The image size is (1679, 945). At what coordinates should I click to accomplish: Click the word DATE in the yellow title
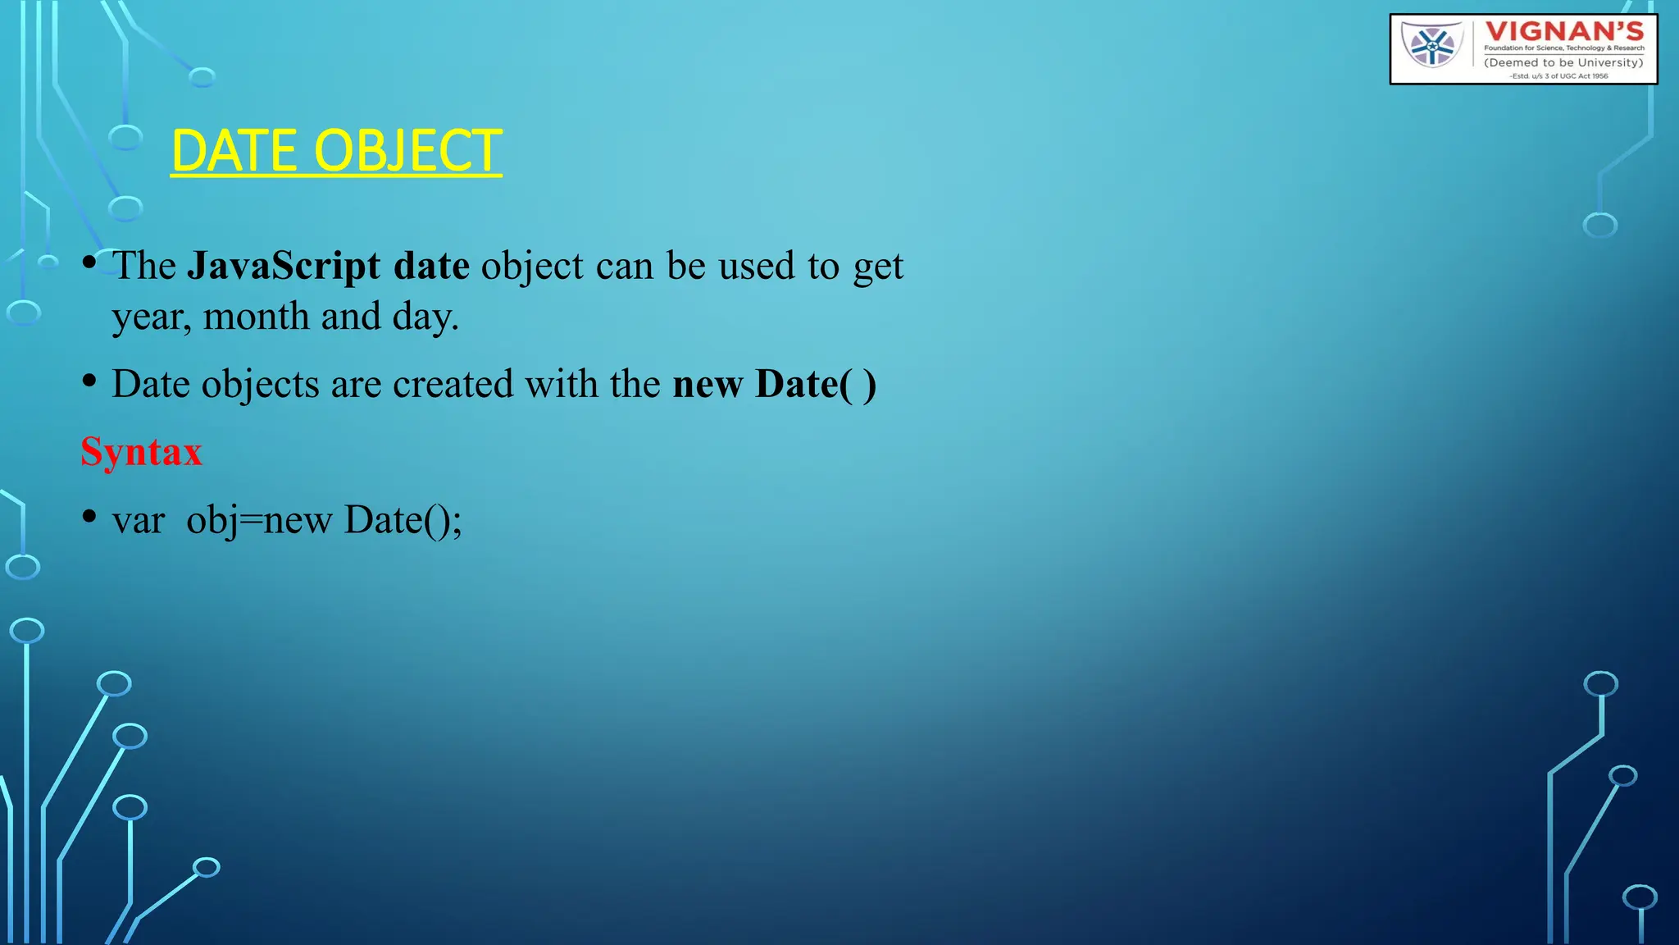click(234, 151)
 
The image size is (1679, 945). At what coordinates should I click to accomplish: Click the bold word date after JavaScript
click(431, 266)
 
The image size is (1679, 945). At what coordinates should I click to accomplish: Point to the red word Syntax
click(141, 452)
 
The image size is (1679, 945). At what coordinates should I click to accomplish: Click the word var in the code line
click(138, 520)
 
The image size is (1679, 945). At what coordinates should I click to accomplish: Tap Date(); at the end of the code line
click(403, 520)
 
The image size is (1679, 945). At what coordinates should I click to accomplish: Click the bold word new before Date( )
click(708, 384)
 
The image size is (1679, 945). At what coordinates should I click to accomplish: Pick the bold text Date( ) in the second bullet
click(816, 384)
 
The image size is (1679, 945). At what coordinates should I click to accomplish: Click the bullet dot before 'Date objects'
click(89, 381)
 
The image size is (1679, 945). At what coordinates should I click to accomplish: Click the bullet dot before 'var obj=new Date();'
click(89, 517)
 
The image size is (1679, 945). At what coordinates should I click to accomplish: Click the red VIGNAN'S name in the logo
click(1564, 31)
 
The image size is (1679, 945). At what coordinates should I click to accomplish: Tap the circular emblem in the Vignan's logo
click(1432, 45)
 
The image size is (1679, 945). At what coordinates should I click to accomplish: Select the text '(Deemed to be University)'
click(1563, 62)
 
